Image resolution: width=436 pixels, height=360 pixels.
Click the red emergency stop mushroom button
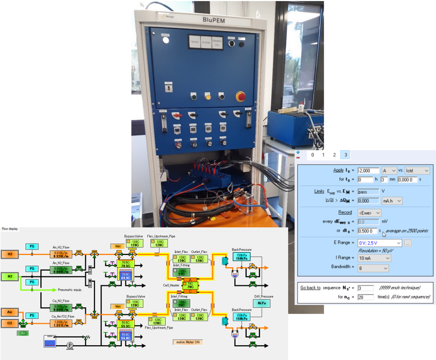(x=240, y=97)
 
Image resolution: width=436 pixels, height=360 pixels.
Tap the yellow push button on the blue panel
(x=208, y=97)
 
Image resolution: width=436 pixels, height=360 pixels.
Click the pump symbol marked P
(x=70, y=345)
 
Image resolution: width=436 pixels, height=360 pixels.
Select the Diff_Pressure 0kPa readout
(x=261, y=303)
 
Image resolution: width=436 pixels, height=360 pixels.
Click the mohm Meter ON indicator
(x=187, y=342)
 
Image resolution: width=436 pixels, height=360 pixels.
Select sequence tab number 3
(x=345, y=155)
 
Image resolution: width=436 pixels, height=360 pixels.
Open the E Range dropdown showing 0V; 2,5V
(x=379, y=243)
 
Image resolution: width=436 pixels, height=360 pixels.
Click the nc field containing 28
(x=365, y=297)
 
